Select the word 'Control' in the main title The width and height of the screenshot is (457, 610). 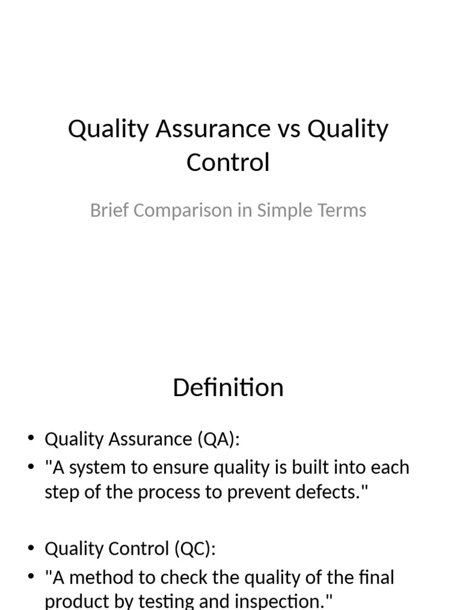tap(228, 162)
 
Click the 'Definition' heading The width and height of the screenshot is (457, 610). tap(228, 388)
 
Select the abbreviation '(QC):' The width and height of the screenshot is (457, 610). tap(195, 549)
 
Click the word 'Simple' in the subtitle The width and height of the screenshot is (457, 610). tap(287, 211)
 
